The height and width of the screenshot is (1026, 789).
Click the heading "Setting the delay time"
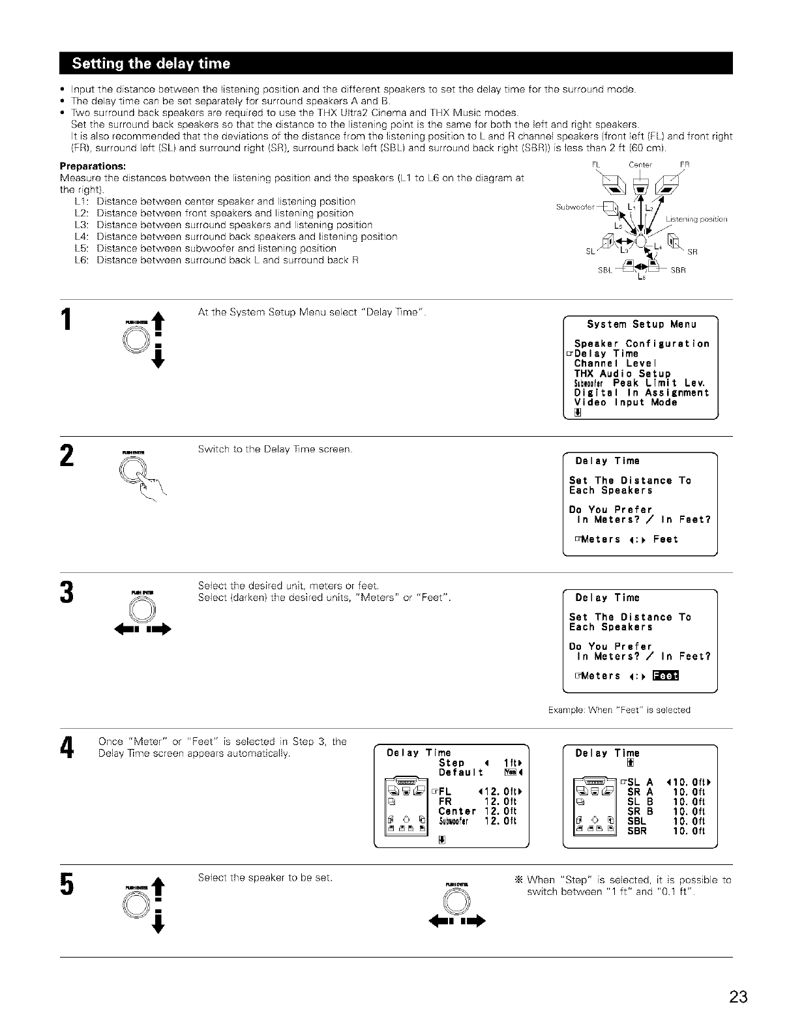151,63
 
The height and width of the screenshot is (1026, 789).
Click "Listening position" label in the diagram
696,219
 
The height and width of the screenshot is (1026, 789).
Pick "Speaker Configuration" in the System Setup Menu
641,344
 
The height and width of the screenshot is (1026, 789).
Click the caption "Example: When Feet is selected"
619,709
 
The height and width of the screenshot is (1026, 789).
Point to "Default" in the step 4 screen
460,772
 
